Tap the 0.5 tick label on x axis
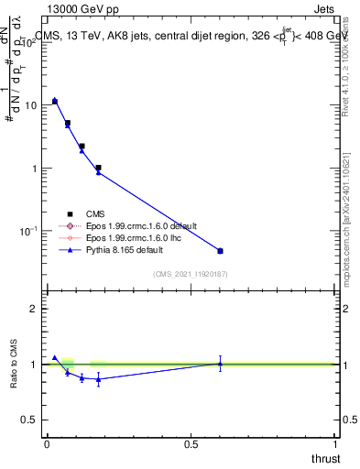pyautogui.click(x=191, y=444)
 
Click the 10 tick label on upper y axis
pyautogui.click(x=32, y=105)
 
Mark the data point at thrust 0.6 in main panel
pyautogui.click(x=220, y=250)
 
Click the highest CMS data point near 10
pyautogui.click(x=55, y=101)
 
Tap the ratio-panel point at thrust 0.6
pyautogui.click(x=220, y=364)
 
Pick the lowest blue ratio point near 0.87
pyautogui.click(x=98, y=378)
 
